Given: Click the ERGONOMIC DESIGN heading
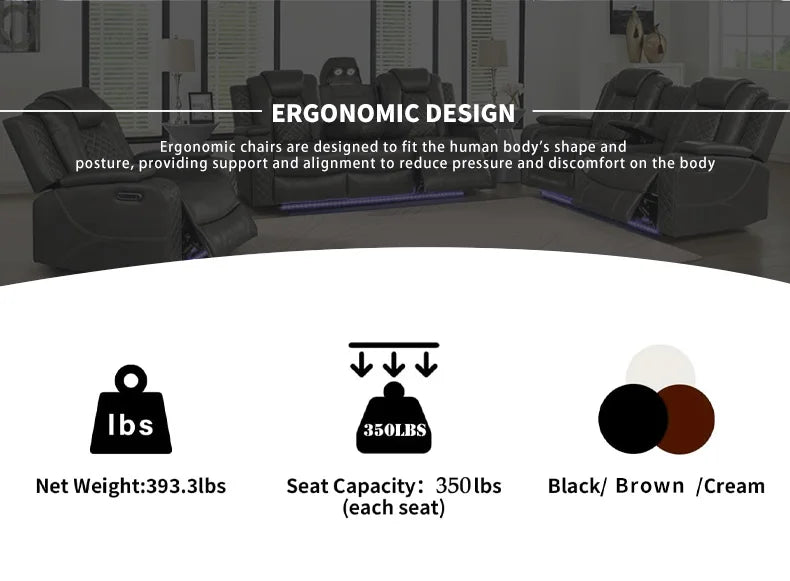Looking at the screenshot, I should point(394,113).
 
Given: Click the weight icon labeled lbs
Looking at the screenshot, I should point(131,412).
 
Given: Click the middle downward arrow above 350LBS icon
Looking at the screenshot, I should point(394,362).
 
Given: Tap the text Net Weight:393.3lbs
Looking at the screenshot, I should point(131,486).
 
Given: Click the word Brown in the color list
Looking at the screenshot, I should point(650,486).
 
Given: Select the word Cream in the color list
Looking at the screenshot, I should point(734,486).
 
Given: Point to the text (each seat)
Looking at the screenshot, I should point(394,508).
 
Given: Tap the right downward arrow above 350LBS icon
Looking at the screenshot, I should point(426,362).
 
